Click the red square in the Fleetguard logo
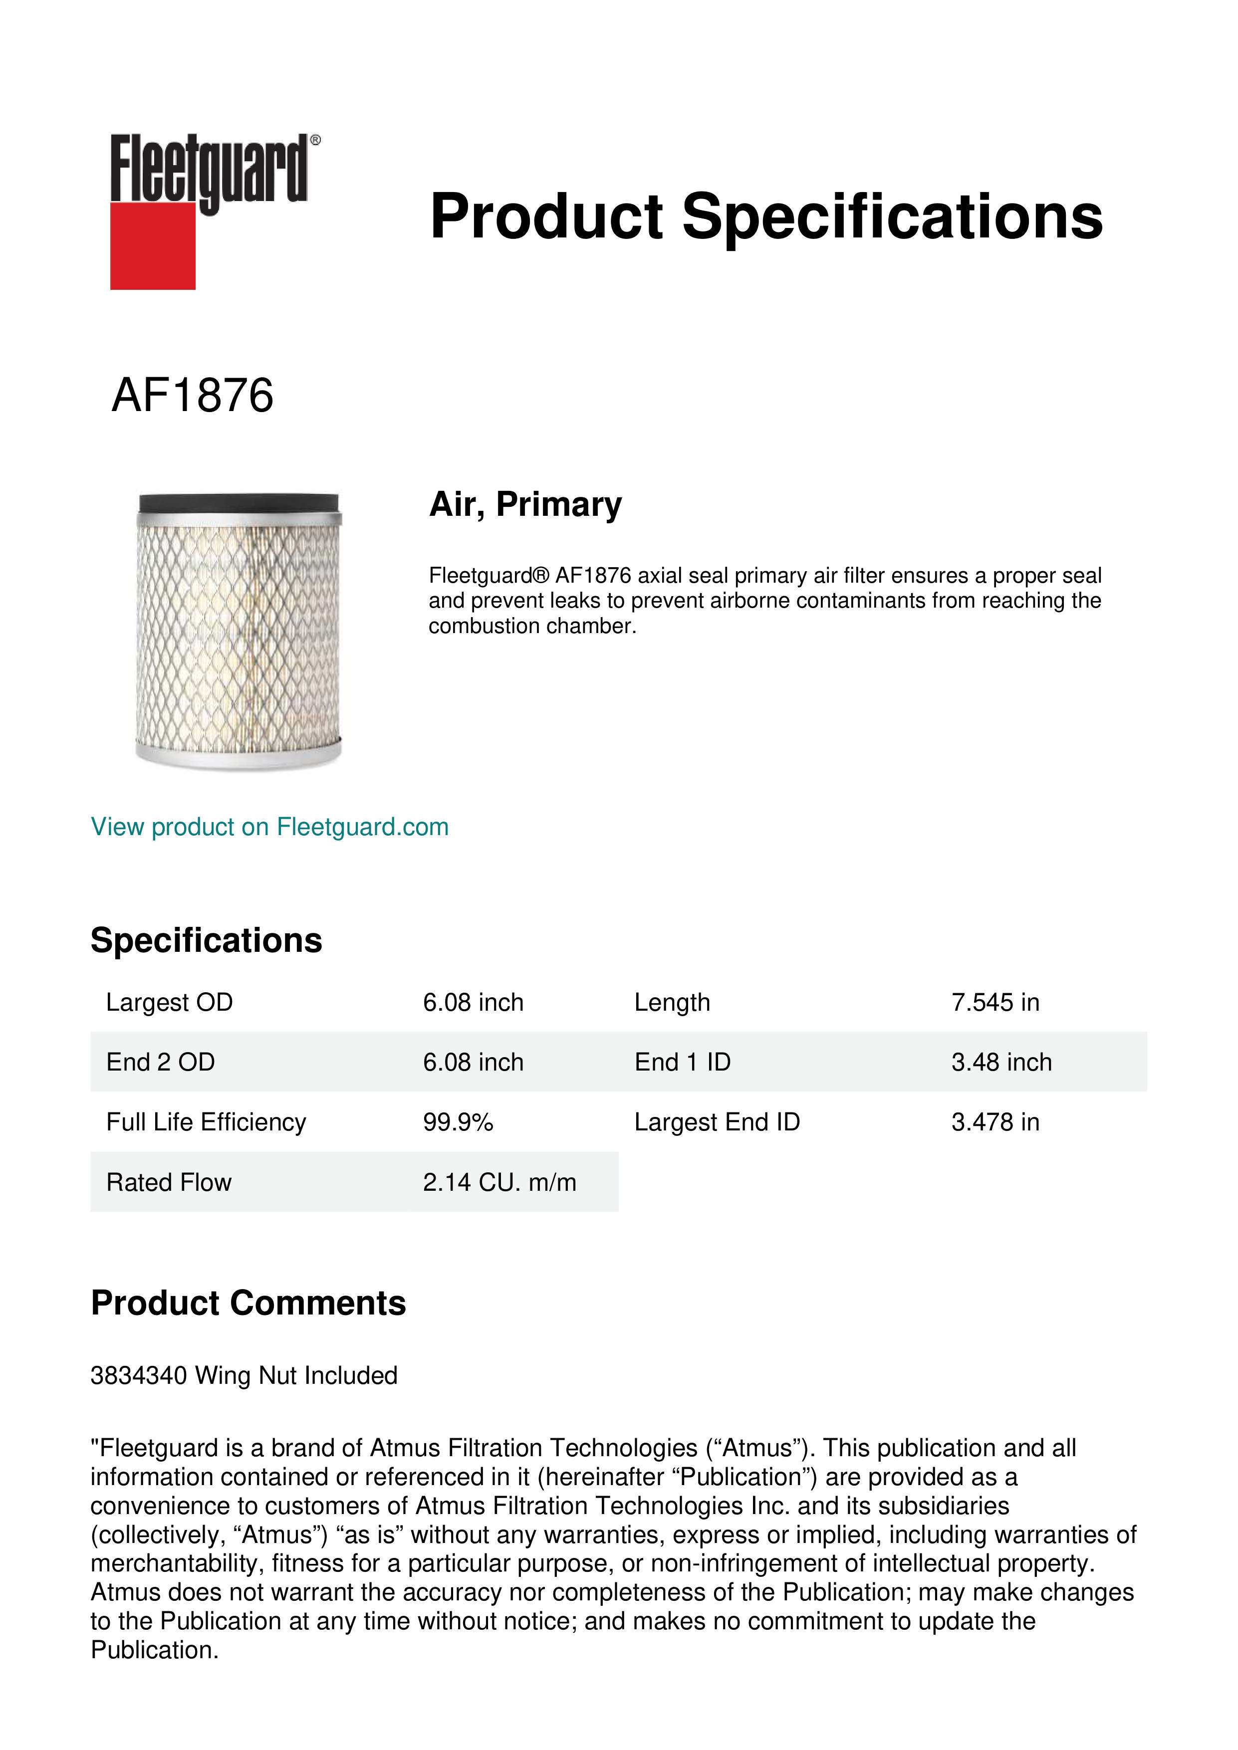(x=153, y=245)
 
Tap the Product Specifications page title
(x=765, y=217)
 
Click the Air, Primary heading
(x=525, y=504)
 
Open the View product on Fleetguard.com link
(x=270, y=827)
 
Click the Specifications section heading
(x=206, y=940)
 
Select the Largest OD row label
(x=169, y=1002)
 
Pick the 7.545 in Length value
(x=995, y=1002)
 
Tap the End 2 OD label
(x=160, y=1062)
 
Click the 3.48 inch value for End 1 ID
(x=1001, y=1062)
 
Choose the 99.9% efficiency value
(x=458, y=1122)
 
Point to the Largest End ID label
(x=717, y=1122)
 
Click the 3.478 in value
(x=995, y=1122)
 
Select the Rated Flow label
(x=169, y=1182)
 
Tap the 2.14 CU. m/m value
(x=499, y=1182)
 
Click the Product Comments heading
(x=248, y=1304)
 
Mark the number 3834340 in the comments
(x=138, y=1376)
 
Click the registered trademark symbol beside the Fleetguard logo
(x=315, y=140)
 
